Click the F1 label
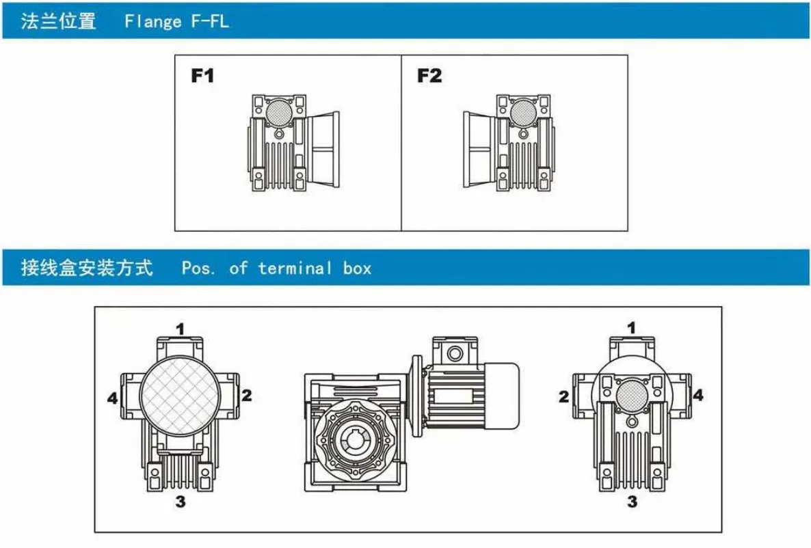[x=202, y=76]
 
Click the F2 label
[x=429, y=76]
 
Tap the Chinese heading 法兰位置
[x=58, y=21]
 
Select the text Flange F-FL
[x=176, y=21]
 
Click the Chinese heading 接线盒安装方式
[x=87, y=267]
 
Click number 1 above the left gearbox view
[x=181, y=329]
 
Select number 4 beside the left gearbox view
[x=112, y=397]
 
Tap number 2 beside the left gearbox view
[x=248, y=394]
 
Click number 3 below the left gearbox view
[x=181, y=502]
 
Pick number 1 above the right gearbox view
[x=632, y=328]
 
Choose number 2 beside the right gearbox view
[x=563, y=396]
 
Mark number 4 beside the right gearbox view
[x=697, y=394]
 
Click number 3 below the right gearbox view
[x=632, y=502]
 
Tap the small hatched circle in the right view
[x=631, y=395]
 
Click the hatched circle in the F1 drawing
[x=278, y=109]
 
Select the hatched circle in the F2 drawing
[x=522, y=110]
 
